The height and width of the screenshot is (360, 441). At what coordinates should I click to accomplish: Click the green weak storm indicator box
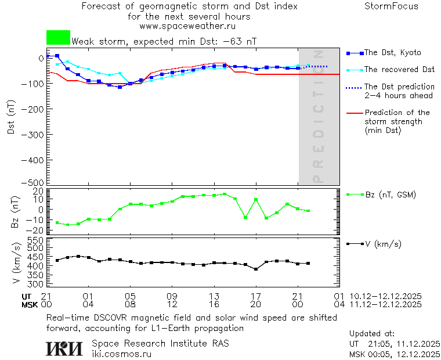click(58, 38)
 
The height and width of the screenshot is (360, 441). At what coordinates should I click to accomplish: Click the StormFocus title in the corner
click(391, 6)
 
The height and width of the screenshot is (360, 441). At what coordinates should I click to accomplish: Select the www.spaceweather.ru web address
click(187, 26)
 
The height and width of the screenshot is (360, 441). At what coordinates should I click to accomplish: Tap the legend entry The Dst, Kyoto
click(392, 53)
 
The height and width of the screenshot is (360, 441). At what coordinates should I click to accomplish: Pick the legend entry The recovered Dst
click(399, 70)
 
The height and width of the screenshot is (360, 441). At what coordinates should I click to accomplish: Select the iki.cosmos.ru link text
click(121, 353)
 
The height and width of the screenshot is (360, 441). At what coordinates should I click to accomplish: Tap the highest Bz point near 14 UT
click(225, 194)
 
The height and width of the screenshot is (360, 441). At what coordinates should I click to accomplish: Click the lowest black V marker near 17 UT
click(256, 269)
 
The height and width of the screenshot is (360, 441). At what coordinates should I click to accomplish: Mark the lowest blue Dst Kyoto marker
click(120, 87)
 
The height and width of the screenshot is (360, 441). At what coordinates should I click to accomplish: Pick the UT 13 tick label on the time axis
click(214, 296)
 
